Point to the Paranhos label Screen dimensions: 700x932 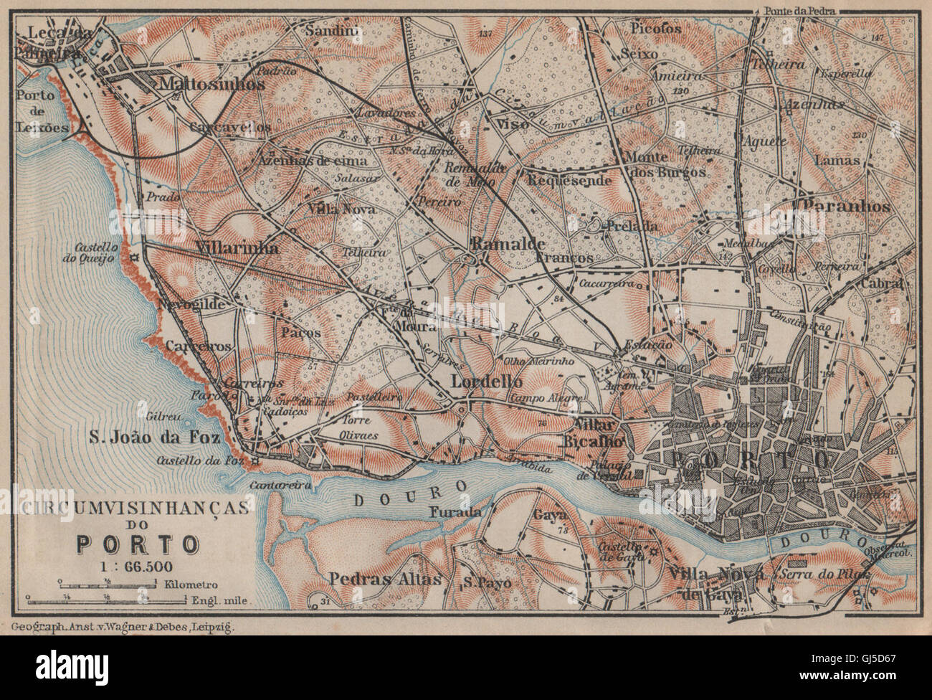pyautogui.click(x=847, y=206)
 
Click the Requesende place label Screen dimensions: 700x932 pyautogui.click(x=569, y=181)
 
